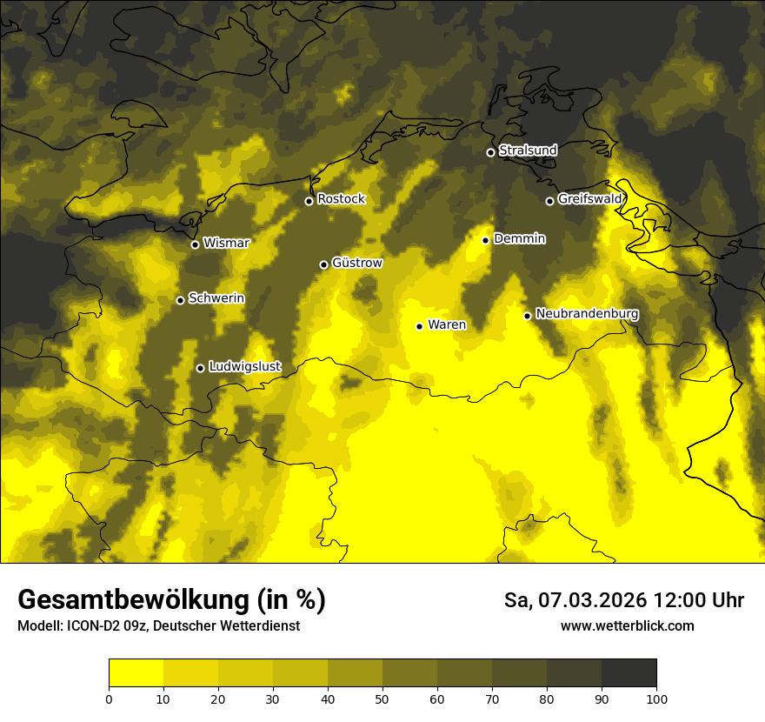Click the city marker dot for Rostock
(309, 201)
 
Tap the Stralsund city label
(528, 150)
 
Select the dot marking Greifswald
(549, 201)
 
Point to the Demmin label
(519, 238)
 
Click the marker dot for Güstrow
(323, 264)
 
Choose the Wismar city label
(226, 243)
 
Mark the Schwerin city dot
(180, 300)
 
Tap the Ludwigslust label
(244, 366)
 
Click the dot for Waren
(419, 326)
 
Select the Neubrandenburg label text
(587, 313)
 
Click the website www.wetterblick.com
(627, 625)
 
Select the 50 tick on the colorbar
(382, 698)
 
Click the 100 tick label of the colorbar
(656, 698)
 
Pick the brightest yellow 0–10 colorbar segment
(136, 672)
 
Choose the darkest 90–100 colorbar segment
(629, 672)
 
